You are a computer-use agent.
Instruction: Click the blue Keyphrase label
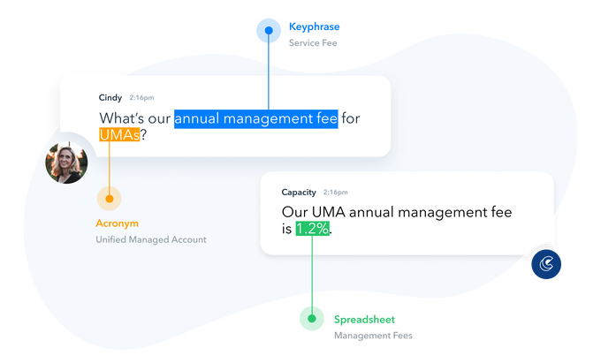point(314,26)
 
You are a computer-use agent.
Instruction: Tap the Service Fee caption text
point(313,43)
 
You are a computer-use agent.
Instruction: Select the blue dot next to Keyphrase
point(269,30)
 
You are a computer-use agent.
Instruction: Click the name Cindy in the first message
point(110,98)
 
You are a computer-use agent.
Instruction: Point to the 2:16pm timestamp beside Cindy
point(141,98)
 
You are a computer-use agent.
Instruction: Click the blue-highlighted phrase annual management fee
point(256,118)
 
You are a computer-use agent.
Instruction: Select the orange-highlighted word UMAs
point(119,134)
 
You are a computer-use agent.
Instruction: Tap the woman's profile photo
point(66,163)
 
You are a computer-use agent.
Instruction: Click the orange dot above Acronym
point(110,199)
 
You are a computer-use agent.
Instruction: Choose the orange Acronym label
point(117,223)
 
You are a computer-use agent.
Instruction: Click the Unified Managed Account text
point(151,239)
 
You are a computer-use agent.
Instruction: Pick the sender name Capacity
point(299,193)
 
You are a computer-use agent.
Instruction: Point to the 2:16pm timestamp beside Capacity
point(335,193)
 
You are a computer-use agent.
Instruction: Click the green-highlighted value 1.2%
point(312,229)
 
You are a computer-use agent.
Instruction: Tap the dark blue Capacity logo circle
point(546,264)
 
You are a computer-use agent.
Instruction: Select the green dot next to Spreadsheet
point(312,319)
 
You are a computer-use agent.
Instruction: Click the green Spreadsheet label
point(364,320)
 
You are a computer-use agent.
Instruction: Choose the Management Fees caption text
point(373,336)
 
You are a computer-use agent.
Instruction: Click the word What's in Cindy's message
point(121,118)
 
